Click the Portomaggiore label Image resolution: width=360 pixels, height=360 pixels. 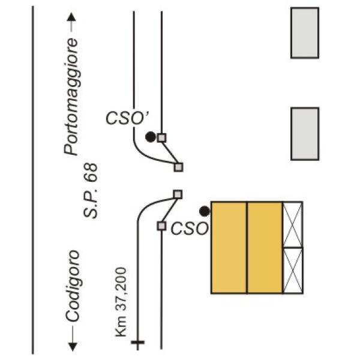pos(71,97)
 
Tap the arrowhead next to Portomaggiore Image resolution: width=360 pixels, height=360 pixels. pos(71,17)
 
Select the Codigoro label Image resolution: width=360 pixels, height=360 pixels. pos(73,286)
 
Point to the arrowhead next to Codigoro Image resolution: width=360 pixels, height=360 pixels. pos(73,347)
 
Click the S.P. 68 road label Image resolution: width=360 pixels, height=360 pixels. pos(91,191)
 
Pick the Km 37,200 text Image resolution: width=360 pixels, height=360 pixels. pos(121,302)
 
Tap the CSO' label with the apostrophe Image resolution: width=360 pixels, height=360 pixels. pos(127,118)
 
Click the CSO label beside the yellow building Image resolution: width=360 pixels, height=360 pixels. pos(190,229)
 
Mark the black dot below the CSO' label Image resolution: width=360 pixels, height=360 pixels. pos(151,137)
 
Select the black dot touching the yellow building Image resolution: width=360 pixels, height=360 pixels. pos(205,211)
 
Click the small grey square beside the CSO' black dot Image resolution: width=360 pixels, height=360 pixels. pos(161,138)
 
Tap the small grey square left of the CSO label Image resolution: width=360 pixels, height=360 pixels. pos(161,226)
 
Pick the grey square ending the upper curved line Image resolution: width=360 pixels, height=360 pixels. pos(178,167)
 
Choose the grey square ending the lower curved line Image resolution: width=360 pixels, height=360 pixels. pos(178,194)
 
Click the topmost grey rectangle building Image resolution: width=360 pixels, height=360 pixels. pos(305,33)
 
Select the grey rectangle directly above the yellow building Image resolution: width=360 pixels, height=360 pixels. pos(305,134)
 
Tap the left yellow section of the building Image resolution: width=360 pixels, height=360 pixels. pos(229,247)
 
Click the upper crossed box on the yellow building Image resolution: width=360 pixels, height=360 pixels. pos(293,224)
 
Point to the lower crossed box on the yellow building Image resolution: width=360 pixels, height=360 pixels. pos(293,271)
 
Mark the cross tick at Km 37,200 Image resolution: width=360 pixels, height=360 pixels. pos(138,343)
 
